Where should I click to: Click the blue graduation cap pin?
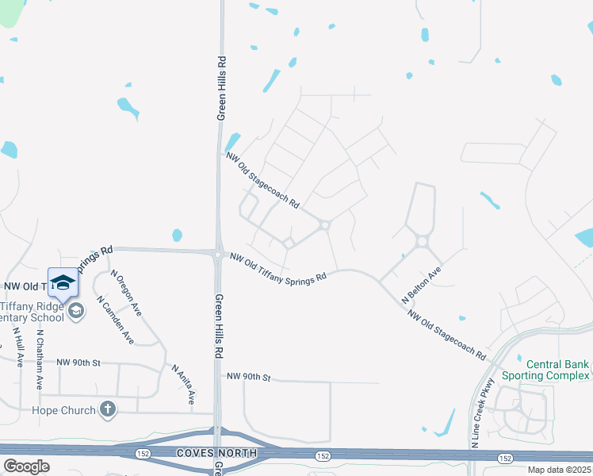(x=63, y=282)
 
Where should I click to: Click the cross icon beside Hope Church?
(x=108, y=409)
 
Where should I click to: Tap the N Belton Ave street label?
(x=421, y=285)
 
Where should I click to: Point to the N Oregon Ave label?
(x=125, y=292)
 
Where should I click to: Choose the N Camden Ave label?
(x=115, y=320)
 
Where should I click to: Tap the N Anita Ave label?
(x=183, y=383)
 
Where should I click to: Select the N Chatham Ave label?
(x=40, y=359)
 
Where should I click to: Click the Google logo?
(x=26, y=466)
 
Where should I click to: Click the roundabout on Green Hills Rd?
(x=217, y=253)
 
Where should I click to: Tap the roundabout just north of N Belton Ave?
(x=422, y=242)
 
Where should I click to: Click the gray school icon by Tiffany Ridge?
(x=75, y=310)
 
